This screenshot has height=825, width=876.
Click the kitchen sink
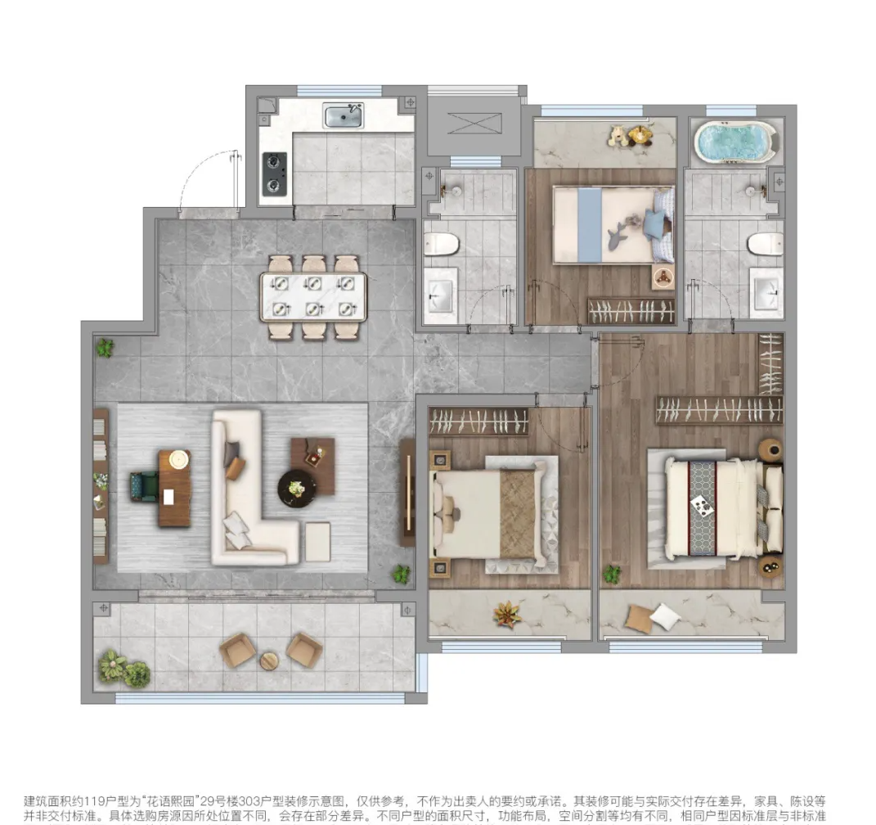344,115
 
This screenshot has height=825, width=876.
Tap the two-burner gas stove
275,174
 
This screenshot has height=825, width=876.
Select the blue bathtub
734,142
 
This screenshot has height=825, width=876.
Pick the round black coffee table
297,489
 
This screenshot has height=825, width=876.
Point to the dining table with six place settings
313,297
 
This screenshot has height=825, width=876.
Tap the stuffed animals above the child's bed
632,135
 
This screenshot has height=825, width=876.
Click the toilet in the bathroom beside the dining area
442,244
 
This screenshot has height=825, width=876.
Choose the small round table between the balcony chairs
269,660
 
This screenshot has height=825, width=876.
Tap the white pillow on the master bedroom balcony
665,616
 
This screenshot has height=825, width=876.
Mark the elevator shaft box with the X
474,123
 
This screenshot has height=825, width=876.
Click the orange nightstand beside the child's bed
663,277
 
